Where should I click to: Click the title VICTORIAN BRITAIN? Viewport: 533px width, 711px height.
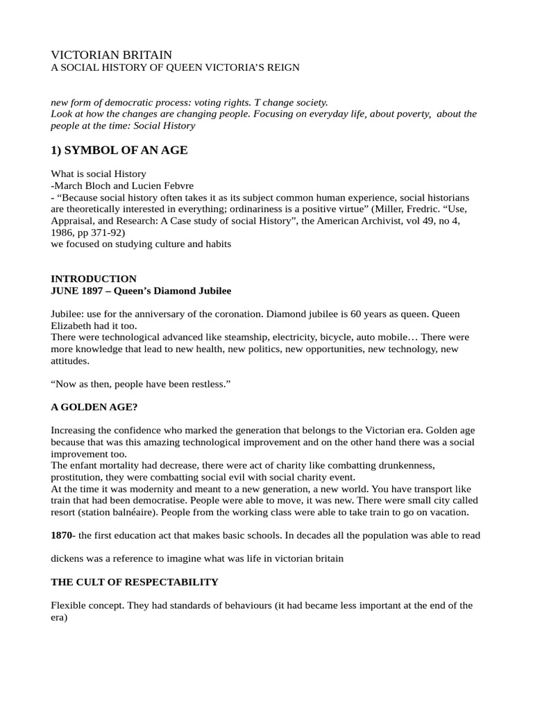click(x=112, y=54)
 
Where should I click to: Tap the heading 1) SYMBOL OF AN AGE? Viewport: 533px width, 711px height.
click(x=119, y=150)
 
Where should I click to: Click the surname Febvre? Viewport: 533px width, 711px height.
click(x=176, y=185)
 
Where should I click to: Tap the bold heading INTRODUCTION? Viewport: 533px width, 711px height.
click(x=94, y=278)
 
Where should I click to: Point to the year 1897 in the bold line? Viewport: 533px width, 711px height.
click(x=91, y=290)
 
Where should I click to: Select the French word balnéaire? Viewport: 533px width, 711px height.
click(x=138, y=512)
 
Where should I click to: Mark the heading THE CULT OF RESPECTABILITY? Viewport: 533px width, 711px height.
click(x=135, y=582)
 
